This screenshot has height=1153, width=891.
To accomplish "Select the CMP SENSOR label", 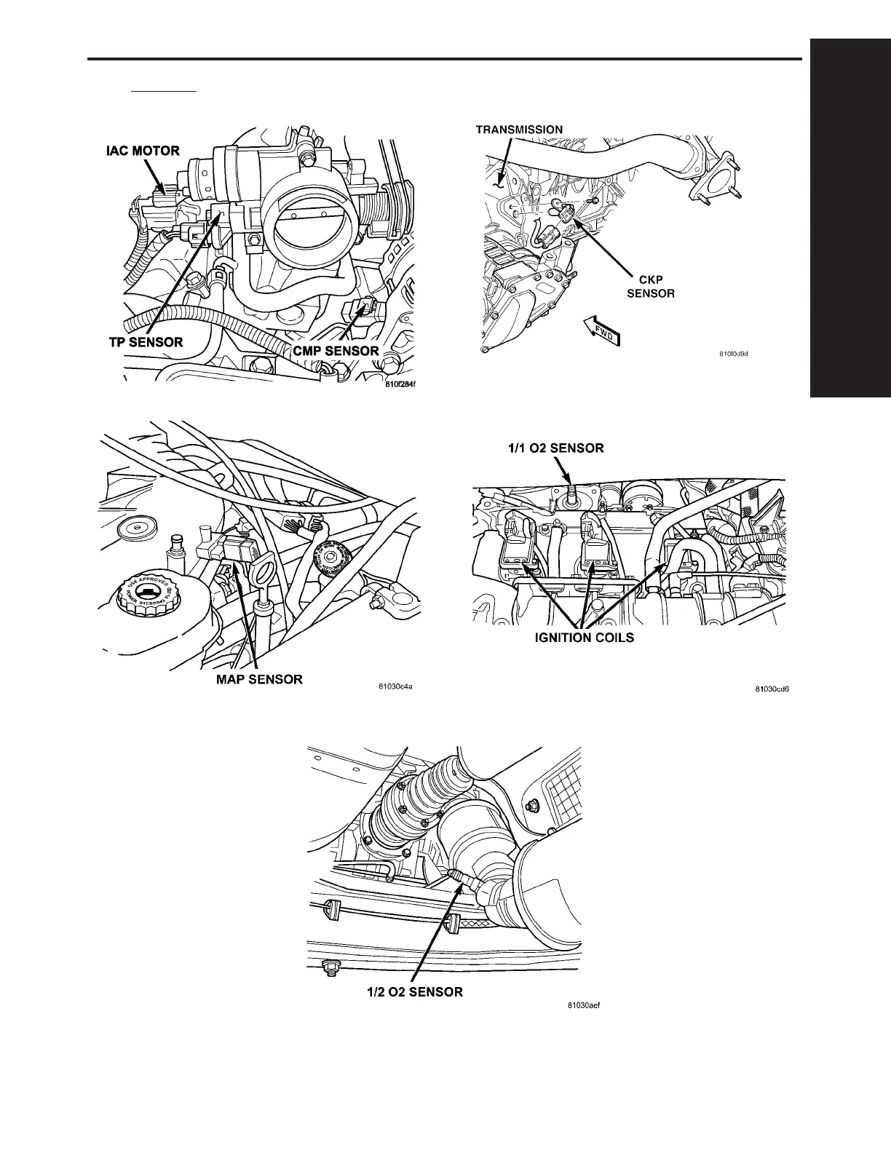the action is (x=336, y=351).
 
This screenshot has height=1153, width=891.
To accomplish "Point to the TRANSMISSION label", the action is (x=519, y=130).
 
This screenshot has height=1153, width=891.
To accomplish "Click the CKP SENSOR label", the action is (x=651, y=287).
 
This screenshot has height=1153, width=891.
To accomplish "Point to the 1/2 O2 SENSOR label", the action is (x=414, y=991).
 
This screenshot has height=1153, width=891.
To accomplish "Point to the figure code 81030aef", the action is (x=585, y=1007).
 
